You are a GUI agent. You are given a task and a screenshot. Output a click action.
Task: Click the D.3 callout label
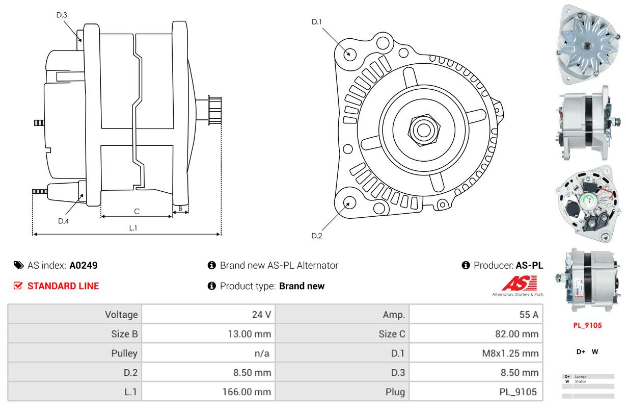pos(62,15)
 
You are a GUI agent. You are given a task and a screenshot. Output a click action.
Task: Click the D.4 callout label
pos(63,221)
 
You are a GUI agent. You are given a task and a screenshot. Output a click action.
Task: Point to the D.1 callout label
pos(317,21)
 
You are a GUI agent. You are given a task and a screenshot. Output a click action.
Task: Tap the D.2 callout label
pos(317,236)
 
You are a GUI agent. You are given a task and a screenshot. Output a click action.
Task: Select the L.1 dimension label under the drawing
pos(133,228)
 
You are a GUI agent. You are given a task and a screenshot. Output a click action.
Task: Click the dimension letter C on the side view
pos(137,211)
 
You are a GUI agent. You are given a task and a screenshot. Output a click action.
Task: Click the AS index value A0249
pos(84,265)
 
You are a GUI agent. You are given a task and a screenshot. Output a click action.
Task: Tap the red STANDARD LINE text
pos(63,286)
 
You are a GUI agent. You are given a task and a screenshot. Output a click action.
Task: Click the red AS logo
pos(519,284)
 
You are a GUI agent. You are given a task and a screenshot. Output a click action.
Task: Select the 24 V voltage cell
pos(261,315)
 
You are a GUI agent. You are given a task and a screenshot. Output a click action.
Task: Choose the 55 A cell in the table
pos(528,315)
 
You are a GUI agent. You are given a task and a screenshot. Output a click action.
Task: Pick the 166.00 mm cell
pos(247,392)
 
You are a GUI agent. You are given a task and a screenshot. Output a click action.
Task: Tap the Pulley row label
pos(124,353)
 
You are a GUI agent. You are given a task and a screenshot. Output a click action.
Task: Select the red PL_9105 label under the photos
pos(587,325)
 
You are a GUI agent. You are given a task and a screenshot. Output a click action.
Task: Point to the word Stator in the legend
pos(580,381)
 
